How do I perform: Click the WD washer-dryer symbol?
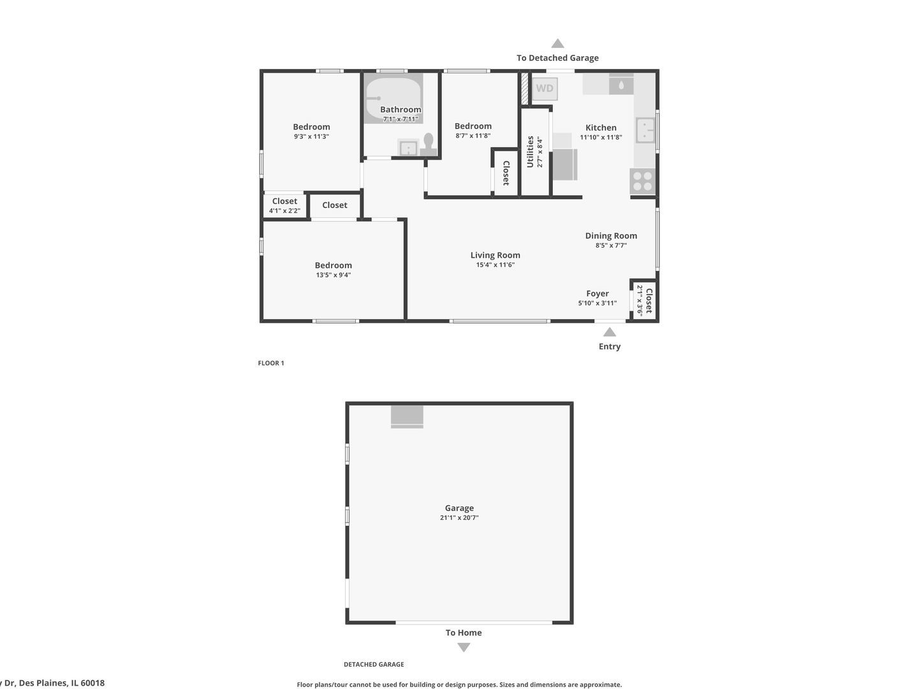point(545,89)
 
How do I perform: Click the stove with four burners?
point(643,181)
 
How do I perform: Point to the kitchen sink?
point(645,130)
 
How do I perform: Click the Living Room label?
point(496,255)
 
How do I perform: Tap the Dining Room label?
point(611,235)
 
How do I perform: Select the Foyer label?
point(598,293)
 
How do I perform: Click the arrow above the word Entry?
point(610,332)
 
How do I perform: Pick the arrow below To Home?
point(464,647)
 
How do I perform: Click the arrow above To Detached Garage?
point(557,43)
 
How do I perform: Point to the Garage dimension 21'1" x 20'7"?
point(459,518)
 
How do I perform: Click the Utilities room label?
point(530,152)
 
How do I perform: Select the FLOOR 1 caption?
point(271,363)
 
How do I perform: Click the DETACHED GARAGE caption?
point(374,664)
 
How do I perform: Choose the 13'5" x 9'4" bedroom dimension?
point(334,275)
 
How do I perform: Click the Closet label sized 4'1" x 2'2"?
point(284,201)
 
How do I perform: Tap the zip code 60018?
point(92,683)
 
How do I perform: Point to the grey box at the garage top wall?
point(407,416)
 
